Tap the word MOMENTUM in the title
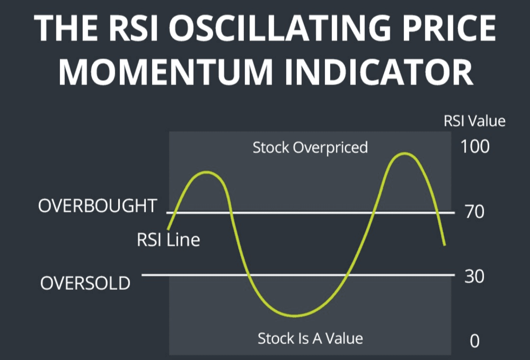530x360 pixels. (x=166, y=72)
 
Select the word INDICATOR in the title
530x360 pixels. (x=379, y=72)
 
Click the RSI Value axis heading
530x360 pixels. (x=475, y=121)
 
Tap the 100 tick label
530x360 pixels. (x=475, y=146)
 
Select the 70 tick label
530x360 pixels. (x=475, y=212)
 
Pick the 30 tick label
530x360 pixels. (x=474, y=277)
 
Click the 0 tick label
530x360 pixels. (x=475, y=341)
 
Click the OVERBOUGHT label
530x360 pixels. (x=98, y=206)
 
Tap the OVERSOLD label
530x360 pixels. (x=85, y=283)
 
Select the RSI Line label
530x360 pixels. (x=168, y=240)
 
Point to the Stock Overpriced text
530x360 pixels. (x=310, y=147)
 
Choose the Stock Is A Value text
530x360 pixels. (x=310, y=338)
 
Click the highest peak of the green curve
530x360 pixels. (x=404, y=154)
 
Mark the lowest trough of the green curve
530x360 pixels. (x=295, y=316)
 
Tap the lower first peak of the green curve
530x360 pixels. (x=207, y=172)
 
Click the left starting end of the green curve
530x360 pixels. (x=168, y=229)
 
